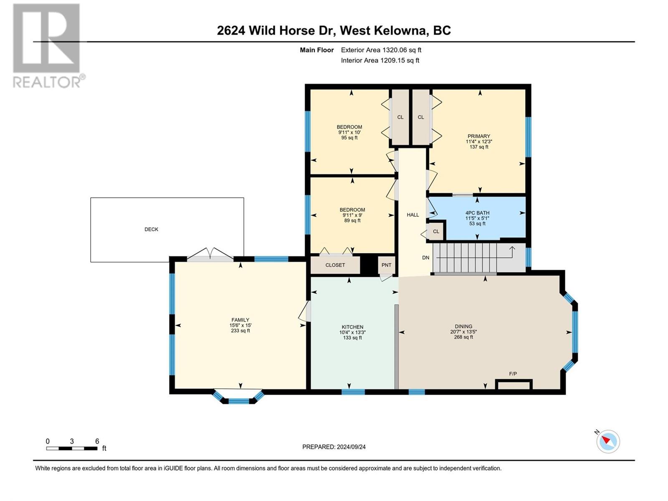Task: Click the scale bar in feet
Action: [72, 448]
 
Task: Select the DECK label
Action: [151, 229]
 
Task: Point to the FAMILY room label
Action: [240, 320]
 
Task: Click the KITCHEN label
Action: [352, 327]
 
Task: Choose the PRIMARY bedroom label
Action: [479, 136]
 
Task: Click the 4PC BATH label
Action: [477, 213]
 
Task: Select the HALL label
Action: [412, 215]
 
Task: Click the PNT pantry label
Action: [386, 265]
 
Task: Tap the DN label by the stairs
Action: [425, 258]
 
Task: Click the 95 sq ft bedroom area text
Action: [349, 137]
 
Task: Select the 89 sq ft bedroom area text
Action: [352, 220]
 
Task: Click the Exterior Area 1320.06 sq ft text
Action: [381, 50]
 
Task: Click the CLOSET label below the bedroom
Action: [335, 265]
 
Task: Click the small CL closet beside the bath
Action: [436, 231]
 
